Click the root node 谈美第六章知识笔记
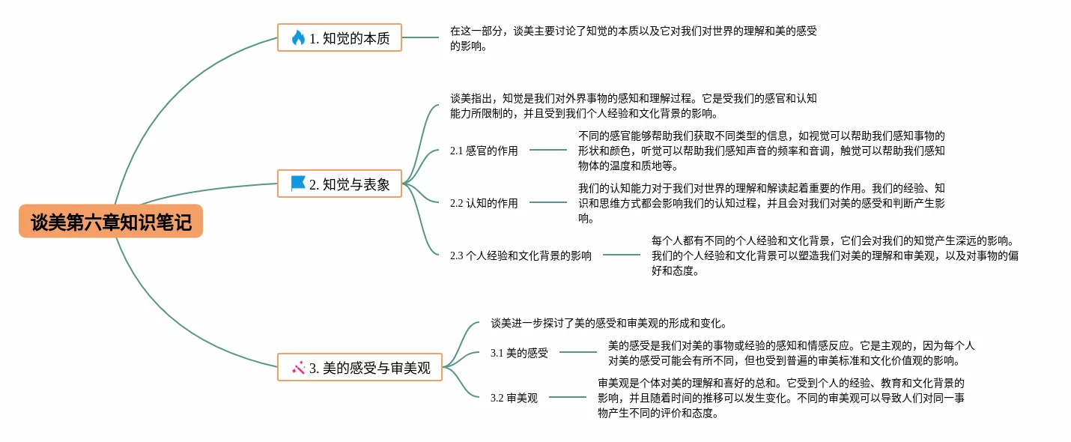tap(111, 222)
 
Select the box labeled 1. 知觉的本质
tap(339, 37)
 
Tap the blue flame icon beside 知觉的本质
tap(298, 37)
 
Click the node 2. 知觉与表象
tap(339, 184)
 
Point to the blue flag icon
tap(298, 184)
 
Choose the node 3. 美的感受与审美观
tap(359, 367)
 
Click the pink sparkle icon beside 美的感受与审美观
tap(298, 367)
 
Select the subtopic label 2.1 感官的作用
tap(484, 151)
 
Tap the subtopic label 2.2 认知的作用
tap(484, 203)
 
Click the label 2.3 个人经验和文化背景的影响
tap(521, 255)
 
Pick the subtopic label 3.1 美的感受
tap(519, 353)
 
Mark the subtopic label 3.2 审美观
tap(514, 398)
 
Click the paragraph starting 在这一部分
tap(633, 38)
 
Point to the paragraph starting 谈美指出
tap(633, 106)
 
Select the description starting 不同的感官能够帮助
tap(761, 151)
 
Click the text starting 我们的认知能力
tap(761, 203)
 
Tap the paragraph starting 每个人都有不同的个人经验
tap(834, 255)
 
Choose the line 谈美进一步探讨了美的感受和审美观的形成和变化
tap(609, 323)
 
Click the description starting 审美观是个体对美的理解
tap(780, 398)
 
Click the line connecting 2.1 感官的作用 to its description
tap(548, 150)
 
